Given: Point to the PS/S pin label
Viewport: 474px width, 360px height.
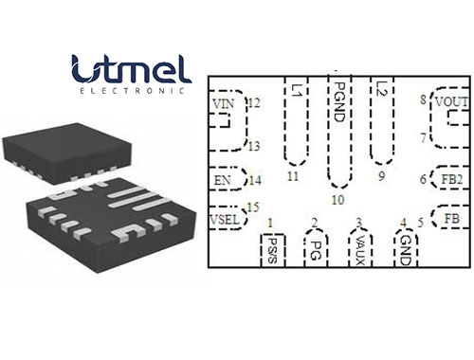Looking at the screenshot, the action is (x=272, y=249).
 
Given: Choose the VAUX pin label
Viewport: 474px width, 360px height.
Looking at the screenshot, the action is (x=359, y=250).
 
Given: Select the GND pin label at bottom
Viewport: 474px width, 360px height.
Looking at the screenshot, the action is (x=405, y=249).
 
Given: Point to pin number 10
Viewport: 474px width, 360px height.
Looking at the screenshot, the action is (x=337, y=199).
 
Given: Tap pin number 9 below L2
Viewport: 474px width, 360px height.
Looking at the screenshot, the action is (x=381, y=177).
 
